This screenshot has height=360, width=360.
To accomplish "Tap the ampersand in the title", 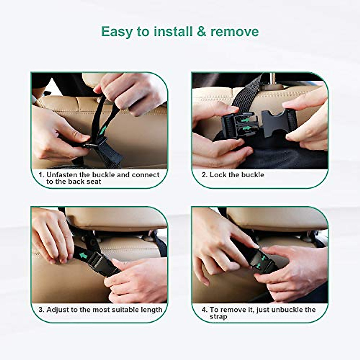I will (201, 32).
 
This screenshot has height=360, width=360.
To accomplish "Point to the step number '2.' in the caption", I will (204, 175).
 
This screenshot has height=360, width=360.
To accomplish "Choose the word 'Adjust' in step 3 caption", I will (57, 310).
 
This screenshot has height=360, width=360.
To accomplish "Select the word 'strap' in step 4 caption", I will (218, 317).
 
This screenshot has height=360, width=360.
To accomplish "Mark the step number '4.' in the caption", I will (204, 310).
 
